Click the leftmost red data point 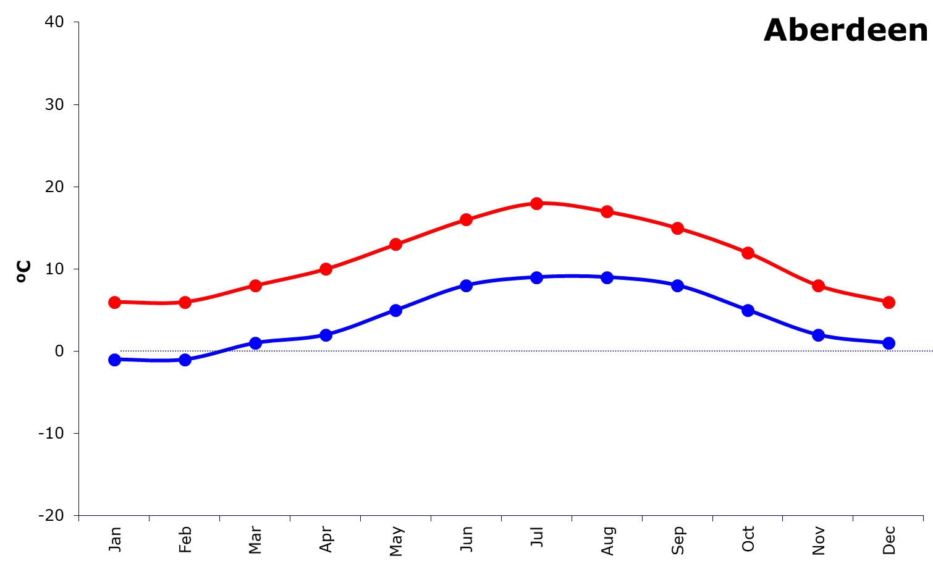pyautogui.click(x=114, y=302)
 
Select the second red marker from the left pyautogui.click(x=185, y=302)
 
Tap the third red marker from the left pyautogui.click(x=255, y=285)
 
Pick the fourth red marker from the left pyautogui.click(x=326, y=269)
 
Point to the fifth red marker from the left pyautogui.click(x=396, y=244)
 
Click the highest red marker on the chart pyautogui.click(x=536, y=203)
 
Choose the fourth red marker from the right pyautogui.click(x=677, y=228)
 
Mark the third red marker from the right pyautogui.click(x=748, y=253)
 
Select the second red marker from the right pyautogui.click(x=818, y=285)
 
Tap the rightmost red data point pyautogui.click(x=889, y=302)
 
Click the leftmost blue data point pyautogui.click(x=114, y=360)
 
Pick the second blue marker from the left pyautogui.click(x=185, y=360)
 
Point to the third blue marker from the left pyautogui.click(x=255, y=343)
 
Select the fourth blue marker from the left pyautogui.click(x=326, y=335)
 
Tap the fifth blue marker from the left pyautogui.click(x=396, y=310)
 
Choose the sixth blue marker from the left pyautogui.click(x=466, y=285)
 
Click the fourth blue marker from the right pyautogui.click(x=677, y=285)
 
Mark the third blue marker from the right pyautogui.click(x=748, y=310)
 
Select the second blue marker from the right pyautogui.click(x=818, y=335)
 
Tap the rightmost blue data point pyautogui.click(x=889, y=343)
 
